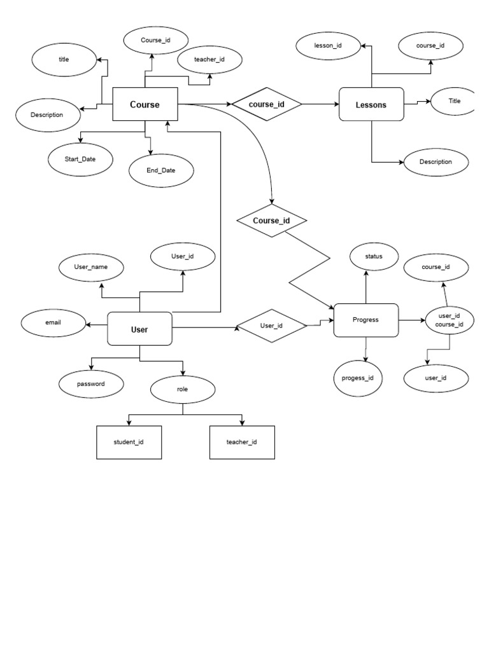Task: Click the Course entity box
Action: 145,104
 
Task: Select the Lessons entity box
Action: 371,104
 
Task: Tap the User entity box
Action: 139,329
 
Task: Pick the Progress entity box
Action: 365,320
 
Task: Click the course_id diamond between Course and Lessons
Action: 266,104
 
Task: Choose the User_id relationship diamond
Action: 271,325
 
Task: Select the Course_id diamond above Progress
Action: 271,221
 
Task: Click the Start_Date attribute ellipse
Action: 80,159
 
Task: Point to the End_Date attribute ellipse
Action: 160,170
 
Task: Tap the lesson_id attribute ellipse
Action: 329,45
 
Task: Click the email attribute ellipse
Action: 53,323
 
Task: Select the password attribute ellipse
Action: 91,384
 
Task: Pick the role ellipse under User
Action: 183,388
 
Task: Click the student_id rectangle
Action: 129,442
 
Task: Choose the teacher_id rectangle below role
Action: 242,442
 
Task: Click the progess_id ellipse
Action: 358,378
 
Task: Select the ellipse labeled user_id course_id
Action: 446,320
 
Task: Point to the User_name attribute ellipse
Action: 91,267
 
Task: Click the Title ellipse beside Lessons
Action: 453,101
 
